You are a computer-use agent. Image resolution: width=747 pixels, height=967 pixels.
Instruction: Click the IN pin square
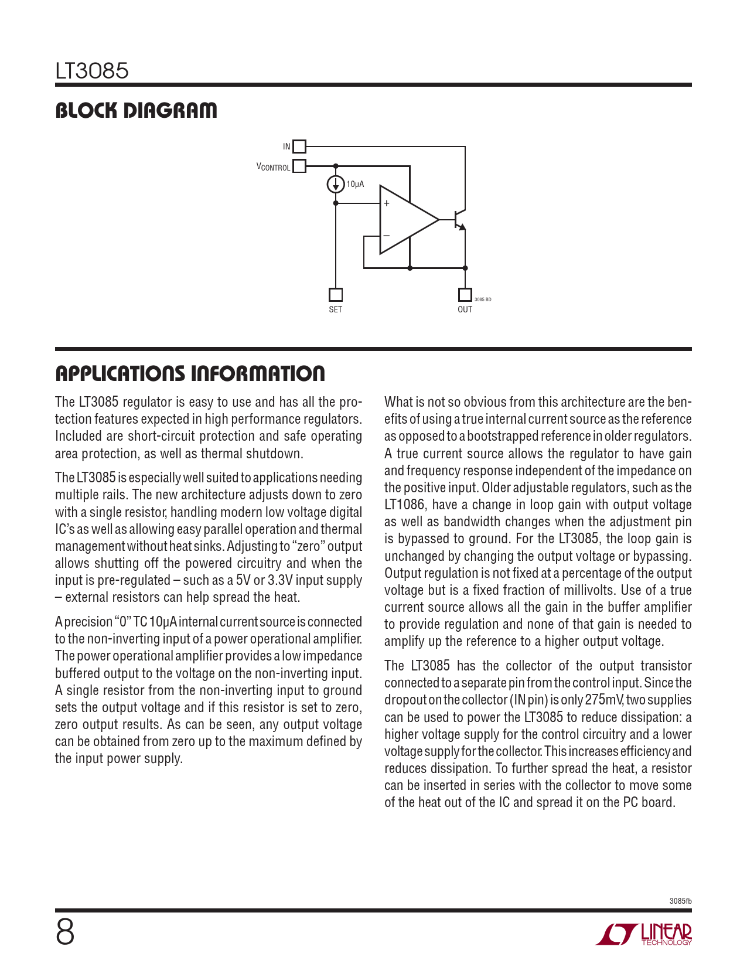pyautogui.click(x=299, y=147)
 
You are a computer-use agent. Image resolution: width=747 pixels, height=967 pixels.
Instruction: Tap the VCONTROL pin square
pyautogui.click(x=299, y=166)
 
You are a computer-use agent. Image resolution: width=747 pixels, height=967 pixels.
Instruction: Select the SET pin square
pyautogui.click(x=336, y=294)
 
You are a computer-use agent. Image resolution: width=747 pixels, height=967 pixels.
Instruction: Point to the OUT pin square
pyautogui.click(x=465, y=294)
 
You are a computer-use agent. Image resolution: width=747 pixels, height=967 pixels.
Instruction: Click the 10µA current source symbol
pyautogui.click(x=336, y=185)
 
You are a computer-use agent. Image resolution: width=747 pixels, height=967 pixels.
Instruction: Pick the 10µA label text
pyautogui.click(x=355, y=185)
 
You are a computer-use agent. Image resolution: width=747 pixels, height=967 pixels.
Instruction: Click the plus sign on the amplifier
pyautogui.click(x=387, y=203)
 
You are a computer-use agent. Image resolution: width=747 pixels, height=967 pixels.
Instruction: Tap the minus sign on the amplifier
pyautogui.click(x=387, y=236)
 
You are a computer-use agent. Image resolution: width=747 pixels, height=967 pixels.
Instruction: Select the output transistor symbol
pyautogui.click(x=459, y=220)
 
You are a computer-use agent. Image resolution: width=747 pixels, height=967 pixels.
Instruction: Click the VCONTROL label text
pyautogui.click(x=273, y=167)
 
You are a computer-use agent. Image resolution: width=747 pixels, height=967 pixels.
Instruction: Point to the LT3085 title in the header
pyautogui.click(x=92, y=71)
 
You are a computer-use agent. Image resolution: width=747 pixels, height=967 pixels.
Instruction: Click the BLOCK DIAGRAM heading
pyautogui.click(x=136, y=110)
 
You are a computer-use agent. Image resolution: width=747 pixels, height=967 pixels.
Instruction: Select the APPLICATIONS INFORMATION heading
pyautogui.click(x=190, y=373)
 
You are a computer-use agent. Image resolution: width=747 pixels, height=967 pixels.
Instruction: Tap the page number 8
pyautogui.click(x=65, y=932)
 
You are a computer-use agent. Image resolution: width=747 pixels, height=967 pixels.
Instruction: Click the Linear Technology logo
pyautogui.click(x=644, y=934)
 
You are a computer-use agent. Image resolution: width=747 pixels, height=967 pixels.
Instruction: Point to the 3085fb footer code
pyautogui.click(x=680, y=901)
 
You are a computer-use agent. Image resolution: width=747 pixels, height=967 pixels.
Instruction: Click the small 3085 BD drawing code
pyautogui.click(x=483, y=299)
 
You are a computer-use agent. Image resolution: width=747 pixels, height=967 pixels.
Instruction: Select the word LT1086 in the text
pyautogui.click(x=404, y=505)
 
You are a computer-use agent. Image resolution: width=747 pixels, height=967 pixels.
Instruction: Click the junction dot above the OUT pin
pyautogui.click(x=465, y=268)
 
